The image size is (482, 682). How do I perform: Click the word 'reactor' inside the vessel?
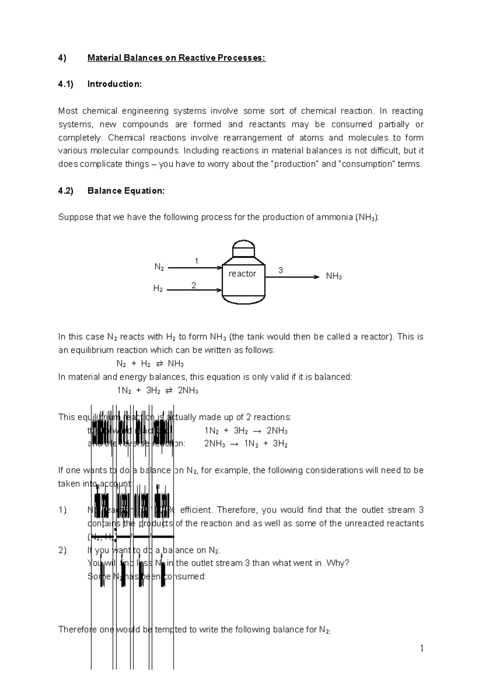point(242,274)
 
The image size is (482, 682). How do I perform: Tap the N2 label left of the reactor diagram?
point(159,267)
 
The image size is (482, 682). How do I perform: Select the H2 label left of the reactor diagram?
point(158,289)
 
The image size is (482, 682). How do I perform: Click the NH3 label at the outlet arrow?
point(334,276)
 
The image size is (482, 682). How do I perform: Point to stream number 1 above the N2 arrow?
point(196,261)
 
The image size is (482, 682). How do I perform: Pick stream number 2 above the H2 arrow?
point(194,286)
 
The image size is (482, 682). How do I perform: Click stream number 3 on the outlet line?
point(280,270)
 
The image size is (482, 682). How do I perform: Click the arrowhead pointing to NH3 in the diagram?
point(317,277)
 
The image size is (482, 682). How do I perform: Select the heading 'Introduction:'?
point(114,84)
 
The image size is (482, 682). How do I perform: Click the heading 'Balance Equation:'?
point(126,191)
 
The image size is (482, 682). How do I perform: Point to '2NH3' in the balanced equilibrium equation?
point(188,390)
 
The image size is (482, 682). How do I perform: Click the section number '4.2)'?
point(65,191)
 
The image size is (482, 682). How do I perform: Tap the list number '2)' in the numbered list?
point(62,550)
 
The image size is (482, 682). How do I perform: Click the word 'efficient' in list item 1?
point(198,510)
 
